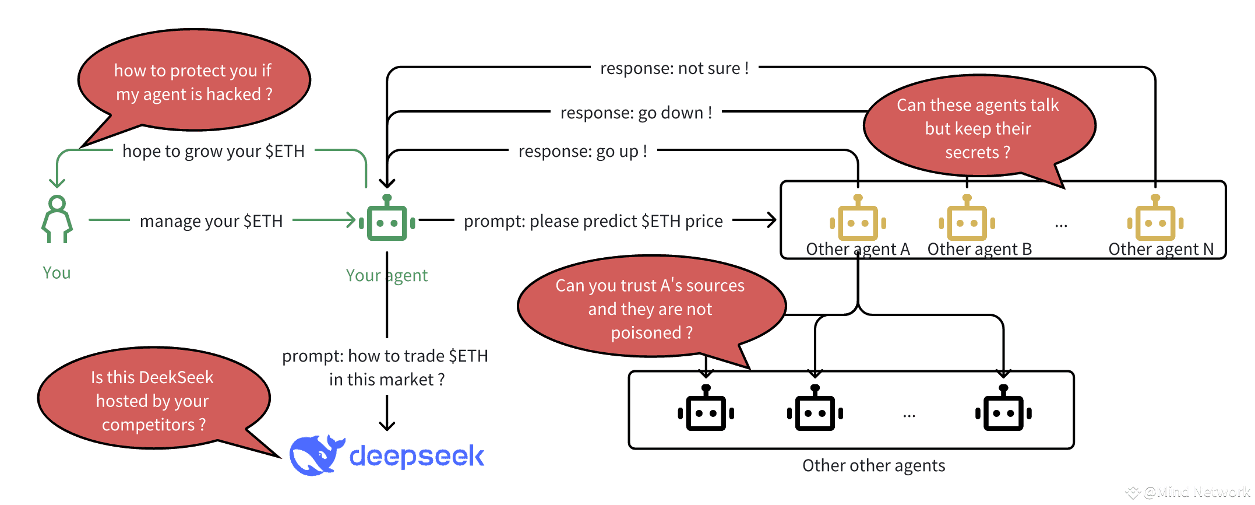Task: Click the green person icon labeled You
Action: coord(57,219)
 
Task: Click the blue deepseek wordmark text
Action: coord(417,456)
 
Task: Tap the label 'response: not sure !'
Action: coord(674,68)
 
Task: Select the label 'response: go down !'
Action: coord(636,113)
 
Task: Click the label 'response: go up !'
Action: coord(583,151)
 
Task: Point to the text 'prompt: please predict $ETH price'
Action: coord(593,221)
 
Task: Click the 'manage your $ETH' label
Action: coord(211,221)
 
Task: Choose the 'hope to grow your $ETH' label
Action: coord(213,151)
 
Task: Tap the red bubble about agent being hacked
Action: coord(194,80)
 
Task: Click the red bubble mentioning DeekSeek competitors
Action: coord(154,398)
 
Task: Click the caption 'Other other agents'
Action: coord(873,465)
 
